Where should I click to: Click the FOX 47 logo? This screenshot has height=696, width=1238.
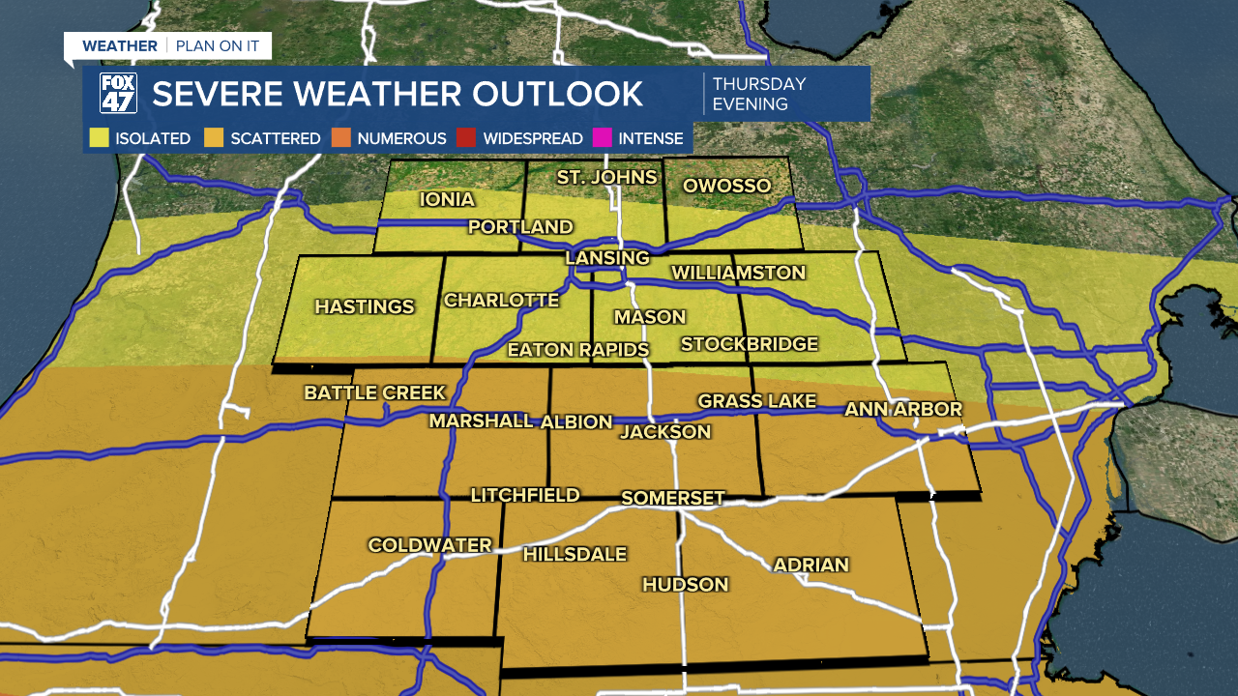[118, 94]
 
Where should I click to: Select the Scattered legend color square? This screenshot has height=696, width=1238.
[214, 138]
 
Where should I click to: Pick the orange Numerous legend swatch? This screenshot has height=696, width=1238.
[341, 138]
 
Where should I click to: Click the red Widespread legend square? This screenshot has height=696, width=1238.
[467, 138]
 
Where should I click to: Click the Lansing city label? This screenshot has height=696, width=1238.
[606, 258]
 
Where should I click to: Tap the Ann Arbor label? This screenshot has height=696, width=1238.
[903, 409]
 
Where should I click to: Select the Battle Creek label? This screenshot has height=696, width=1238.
[374, 392]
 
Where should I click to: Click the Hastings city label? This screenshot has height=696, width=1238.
[364, 306]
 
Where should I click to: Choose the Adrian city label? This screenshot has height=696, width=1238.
[811, 565]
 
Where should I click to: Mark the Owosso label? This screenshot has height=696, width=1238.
[726, 186]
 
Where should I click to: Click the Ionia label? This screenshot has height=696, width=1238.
[447, 199]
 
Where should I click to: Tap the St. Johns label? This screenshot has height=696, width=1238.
[606, 177]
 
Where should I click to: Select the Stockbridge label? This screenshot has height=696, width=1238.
[749, 344]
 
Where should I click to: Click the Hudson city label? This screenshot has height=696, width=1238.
[685, 584]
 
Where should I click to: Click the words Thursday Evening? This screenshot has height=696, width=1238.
[758, 94]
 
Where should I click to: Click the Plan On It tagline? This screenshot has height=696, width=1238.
[217, 45]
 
